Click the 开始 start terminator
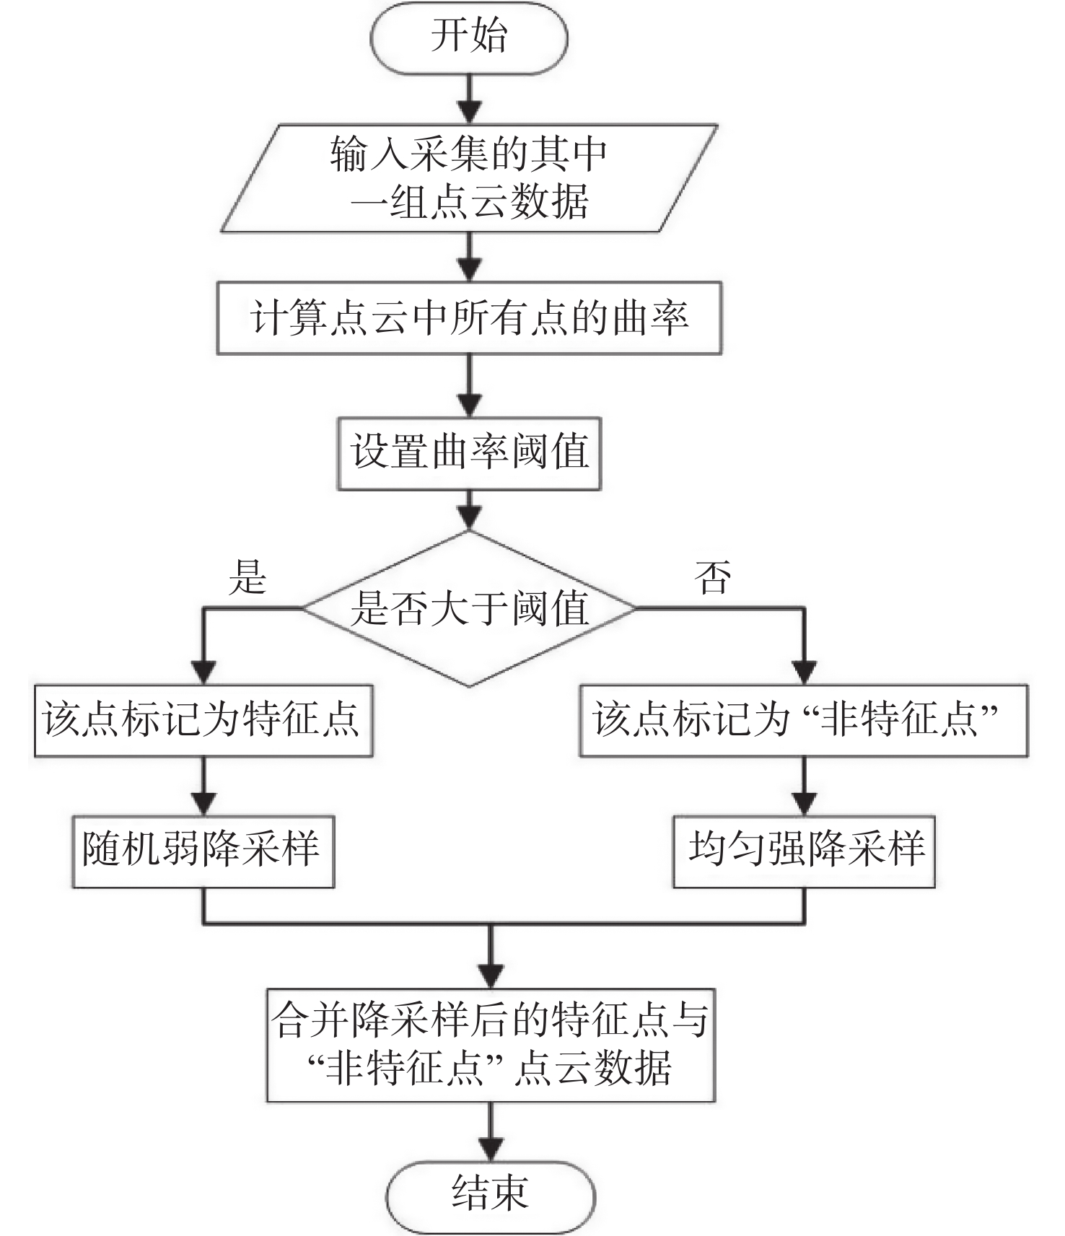pos(469,38)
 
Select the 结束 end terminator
pos(491,1192)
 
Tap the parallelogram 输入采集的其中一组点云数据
pos(469,178)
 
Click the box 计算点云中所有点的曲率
pos(469,318)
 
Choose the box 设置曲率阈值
pos(469,453)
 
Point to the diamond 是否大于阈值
pos(469,608)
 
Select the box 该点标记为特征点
pos(203,720)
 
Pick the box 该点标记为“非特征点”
pos(803,720)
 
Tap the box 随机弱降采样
pos(203,851)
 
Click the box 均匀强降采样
pos(804,851)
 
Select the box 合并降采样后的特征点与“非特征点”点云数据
pos(491,1045)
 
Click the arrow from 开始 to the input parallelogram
pos(470,99)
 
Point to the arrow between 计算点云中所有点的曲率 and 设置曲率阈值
pos(470,385)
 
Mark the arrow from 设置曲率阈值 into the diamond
pos(470,510)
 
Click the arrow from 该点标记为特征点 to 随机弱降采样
pos(204,786)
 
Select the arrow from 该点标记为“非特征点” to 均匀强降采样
pos(804,786)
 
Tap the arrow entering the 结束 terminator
pos(491,1131)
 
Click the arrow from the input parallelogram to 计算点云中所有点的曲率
pos(470,257)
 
